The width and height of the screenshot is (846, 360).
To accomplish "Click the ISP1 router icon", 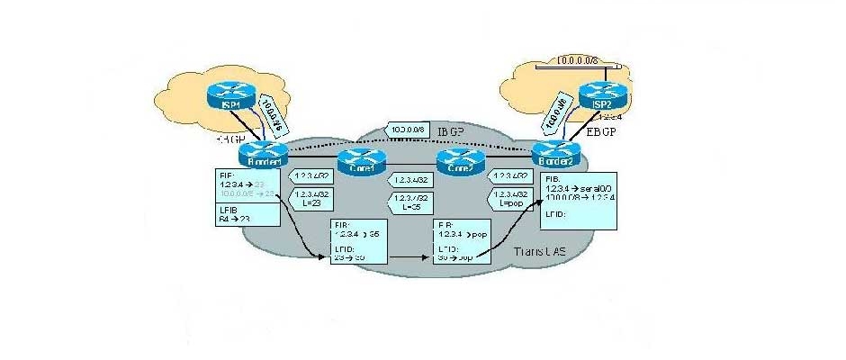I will coord(222,92).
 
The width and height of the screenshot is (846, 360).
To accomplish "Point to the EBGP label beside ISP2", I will coord(601,133).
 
